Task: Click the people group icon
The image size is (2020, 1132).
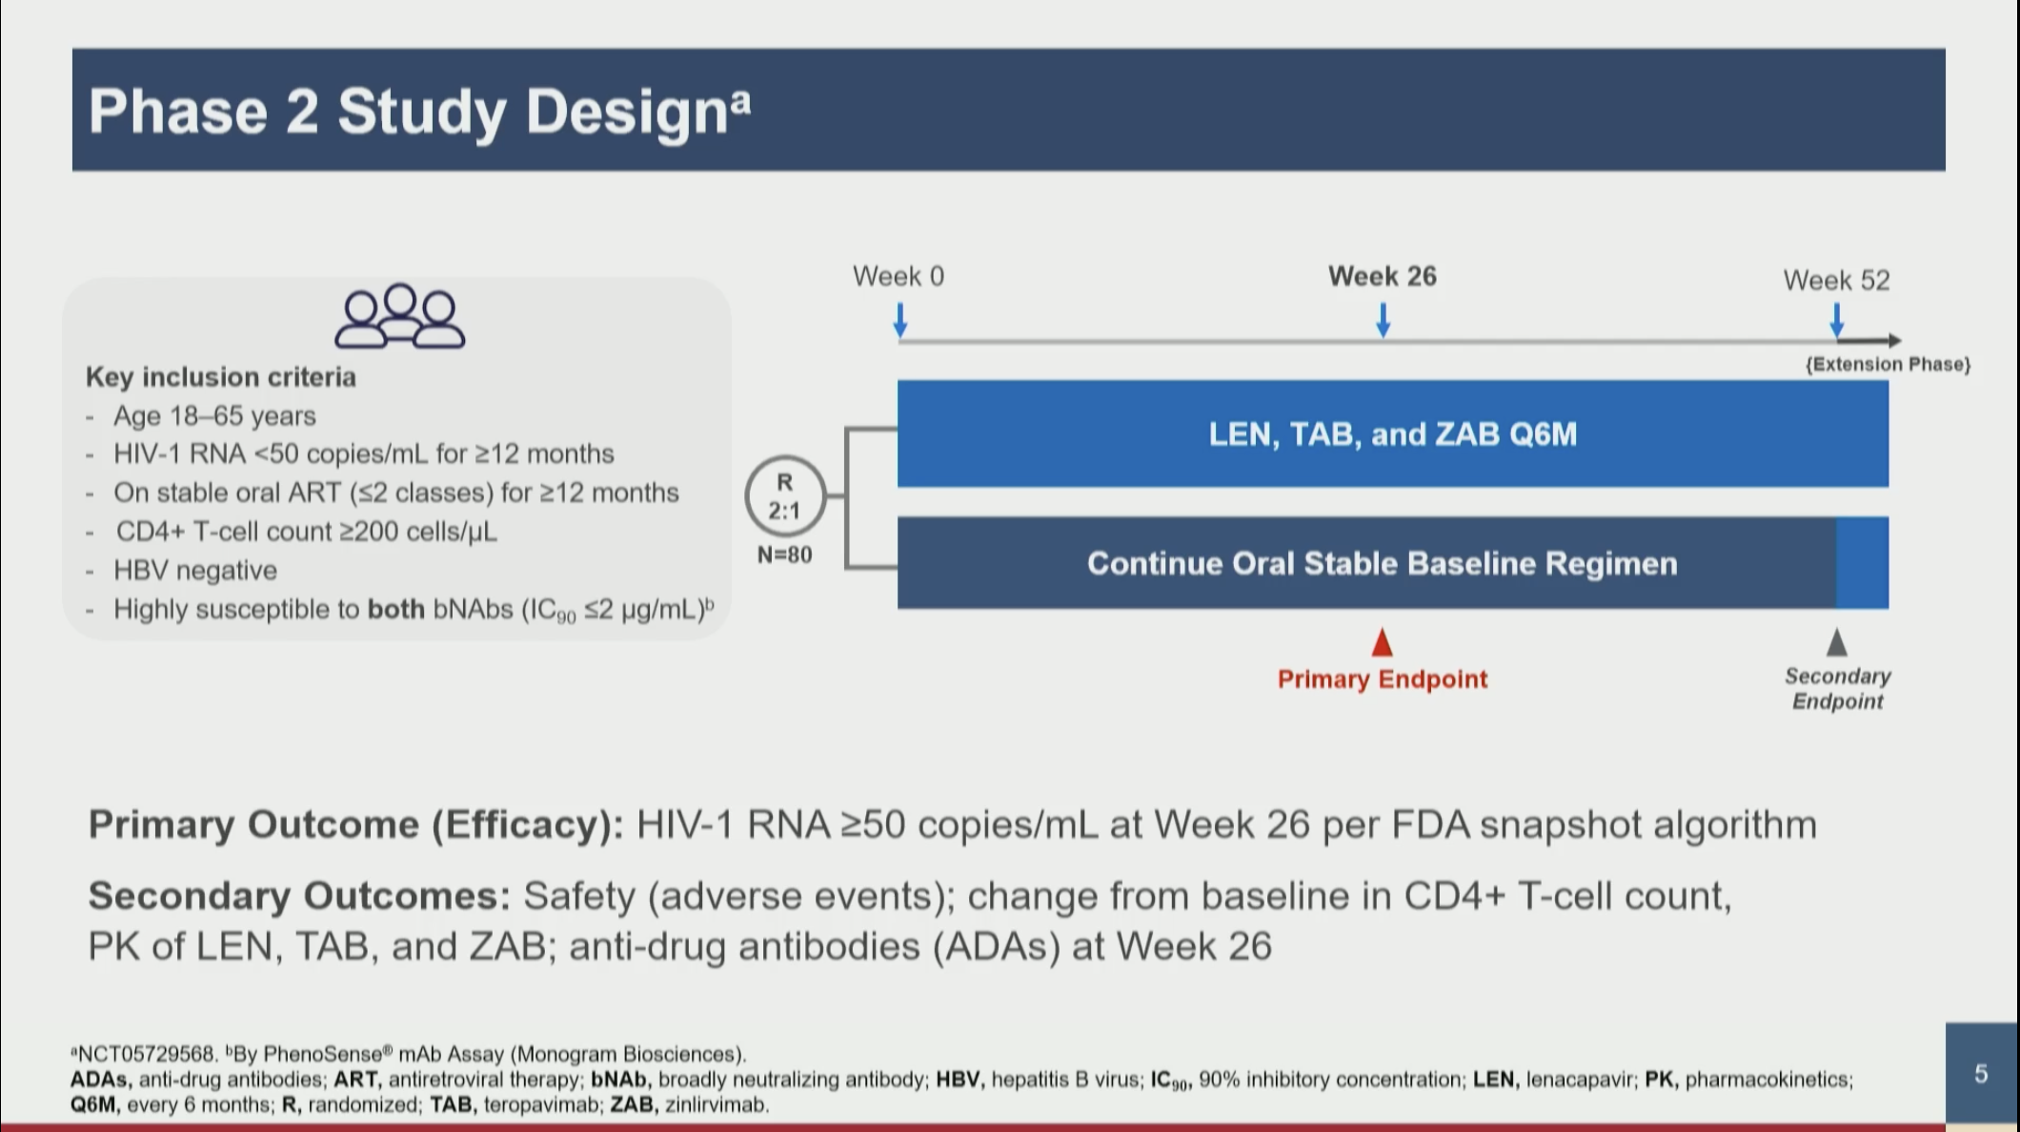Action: [400, 316]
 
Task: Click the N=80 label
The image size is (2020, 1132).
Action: [784, 555]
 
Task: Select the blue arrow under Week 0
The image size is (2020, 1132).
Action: [900, 320]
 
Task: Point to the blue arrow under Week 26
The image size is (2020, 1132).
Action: [1384, 320]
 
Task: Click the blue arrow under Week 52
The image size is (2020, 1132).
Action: [1837, 320]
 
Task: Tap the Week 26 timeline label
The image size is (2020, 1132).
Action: [1383, 276]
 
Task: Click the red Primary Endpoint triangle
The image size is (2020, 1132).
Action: [1383, 642]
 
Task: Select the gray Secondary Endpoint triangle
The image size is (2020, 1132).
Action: [1837, 642]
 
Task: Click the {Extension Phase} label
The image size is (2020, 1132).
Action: [1889, 364]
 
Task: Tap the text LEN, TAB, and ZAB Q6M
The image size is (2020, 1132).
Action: [1393, 435]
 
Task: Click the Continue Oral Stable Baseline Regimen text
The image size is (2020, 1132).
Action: [1383, 563]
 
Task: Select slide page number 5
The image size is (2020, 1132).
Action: [1981, 1074]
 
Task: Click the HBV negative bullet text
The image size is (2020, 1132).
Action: [195, 570]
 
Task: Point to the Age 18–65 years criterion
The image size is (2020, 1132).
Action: [214, 416]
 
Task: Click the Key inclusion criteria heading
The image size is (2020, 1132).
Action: [221, 377]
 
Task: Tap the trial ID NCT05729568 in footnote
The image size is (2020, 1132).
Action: [146, 1054]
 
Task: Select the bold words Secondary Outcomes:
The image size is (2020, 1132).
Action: [299, 896]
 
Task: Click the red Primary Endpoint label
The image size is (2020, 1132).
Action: [1383, 679]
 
